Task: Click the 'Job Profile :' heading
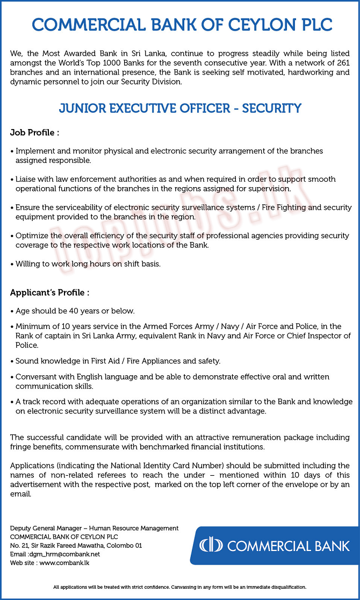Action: [34, 132]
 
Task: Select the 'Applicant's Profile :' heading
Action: [49, 292]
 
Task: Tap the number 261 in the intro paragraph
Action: [342, 63]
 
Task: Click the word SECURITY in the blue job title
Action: [271, 108]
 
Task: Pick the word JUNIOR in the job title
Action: [82, 108]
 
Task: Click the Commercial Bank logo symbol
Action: [211, 546]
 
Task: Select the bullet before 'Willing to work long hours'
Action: [12, 264]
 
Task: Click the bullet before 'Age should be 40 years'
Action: [12, 311]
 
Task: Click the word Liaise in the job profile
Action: [26, 179]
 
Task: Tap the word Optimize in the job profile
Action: [32, 235]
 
